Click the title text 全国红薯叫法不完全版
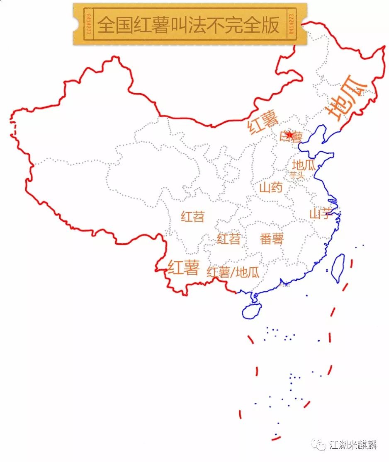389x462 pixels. (x=188, y=24)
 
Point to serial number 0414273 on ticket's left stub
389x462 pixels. (x=88, y=24)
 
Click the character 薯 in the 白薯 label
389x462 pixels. (x=297, y=137)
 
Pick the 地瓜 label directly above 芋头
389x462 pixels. (x=304, y=165)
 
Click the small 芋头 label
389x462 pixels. (x=297, y=175)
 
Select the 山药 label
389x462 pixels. (x=271, y=188)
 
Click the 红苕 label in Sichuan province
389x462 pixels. (x=193, y=216)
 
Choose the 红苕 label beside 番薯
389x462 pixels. (x=229, y=239)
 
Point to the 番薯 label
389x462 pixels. (x=272, y=239)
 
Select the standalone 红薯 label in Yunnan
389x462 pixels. (x=184, y=267)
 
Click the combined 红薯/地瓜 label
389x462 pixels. (x=233, y=272)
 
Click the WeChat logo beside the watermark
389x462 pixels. (x=320, y=445)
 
